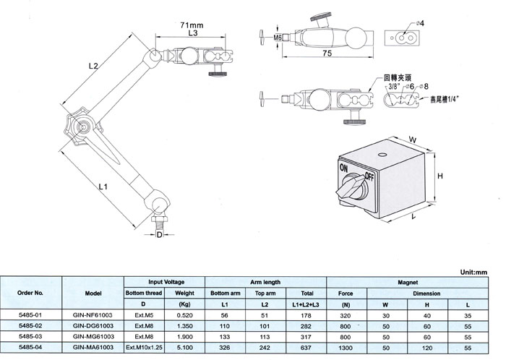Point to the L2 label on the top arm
(93, 65)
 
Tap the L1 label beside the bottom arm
(103, 187)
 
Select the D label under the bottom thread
(159, 234)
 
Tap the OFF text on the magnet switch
(370, 176)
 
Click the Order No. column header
(33, 294)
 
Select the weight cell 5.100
(185, 347)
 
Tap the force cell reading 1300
(345, 347)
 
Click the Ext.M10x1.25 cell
(145, 347)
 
